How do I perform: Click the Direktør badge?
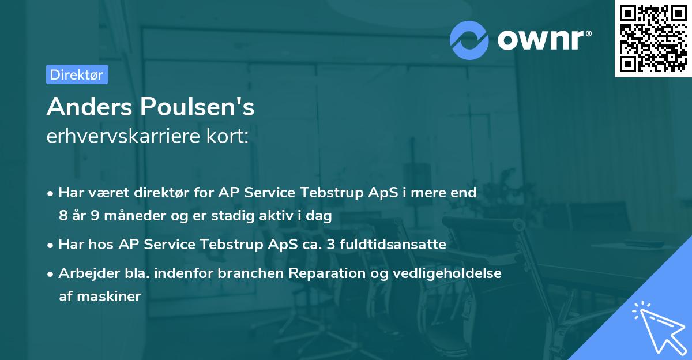(x=77, y=74)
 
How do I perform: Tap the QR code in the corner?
(x=652, y=39)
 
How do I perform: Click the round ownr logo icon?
(x=469, y=40)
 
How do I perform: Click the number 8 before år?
(x=63, y=216)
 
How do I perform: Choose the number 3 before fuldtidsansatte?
(x=330, y=245)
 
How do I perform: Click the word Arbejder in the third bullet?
(x=85, y=273)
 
